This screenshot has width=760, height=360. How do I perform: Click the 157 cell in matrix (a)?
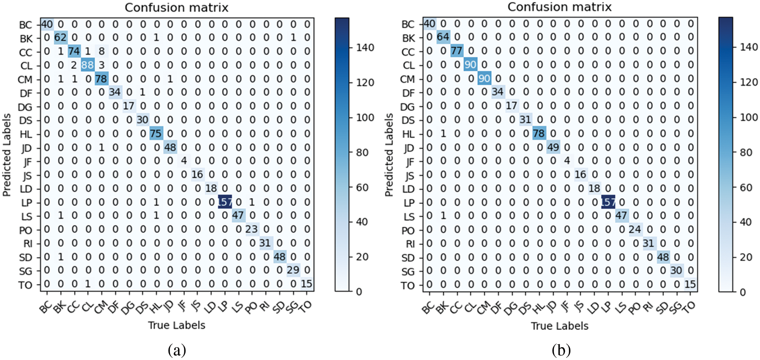[225, 202]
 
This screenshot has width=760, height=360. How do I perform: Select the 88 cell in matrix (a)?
[88, 65]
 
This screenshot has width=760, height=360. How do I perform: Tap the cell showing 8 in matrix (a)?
[102, 52]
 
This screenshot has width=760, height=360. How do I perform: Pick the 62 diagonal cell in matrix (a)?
[60, 38]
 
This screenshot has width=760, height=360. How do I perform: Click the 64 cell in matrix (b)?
[443, 38]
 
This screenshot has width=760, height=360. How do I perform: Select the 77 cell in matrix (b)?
[456, 51]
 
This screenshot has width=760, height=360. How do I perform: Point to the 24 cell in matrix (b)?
[635, 230]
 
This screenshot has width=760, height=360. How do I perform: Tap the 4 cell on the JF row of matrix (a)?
[184, 161]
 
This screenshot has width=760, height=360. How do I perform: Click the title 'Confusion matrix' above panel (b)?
[559, 7]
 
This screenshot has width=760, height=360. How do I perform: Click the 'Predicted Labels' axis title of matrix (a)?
[6, 155]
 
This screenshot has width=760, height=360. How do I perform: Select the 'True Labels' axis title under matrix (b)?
[559, 326]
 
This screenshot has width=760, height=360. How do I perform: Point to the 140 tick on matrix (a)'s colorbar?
[365, 48]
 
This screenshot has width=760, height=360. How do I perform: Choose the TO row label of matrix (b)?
[408, 286]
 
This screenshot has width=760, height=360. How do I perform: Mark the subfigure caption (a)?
[177, 350]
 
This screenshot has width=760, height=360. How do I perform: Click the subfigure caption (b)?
[560, 350]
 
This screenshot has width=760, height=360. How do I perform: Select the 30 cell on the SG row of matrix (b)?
[676, 271]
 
